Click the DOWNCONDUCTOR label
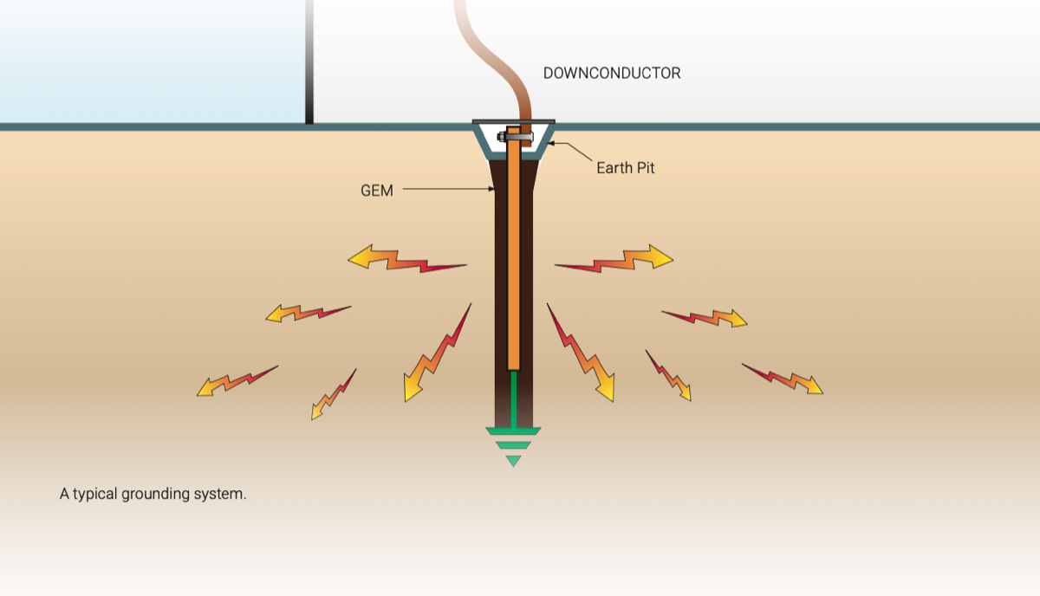point(612,74)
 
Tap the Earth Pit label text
point(626,168)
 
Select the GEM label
point(377,191)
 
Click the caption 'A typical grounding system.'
point(153,494)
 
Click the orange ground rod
point(513,249)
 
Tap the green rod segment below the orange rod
point(513,399)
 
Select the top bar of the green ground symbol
point(513,431)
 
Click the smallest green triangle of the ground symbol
point(513,461)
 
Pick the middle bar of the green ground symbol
point(513,445)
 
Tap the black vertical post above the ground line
point(309,62)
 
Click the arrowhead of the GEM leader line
point(491,189)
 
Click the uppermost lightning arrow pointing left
point(407,258)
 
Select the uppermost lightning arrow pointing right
point(614,258)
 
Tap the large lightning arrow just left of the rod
point(437,353)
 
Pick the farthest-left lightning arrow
point(237,381)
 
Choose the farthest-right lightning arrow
point(783,379)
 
